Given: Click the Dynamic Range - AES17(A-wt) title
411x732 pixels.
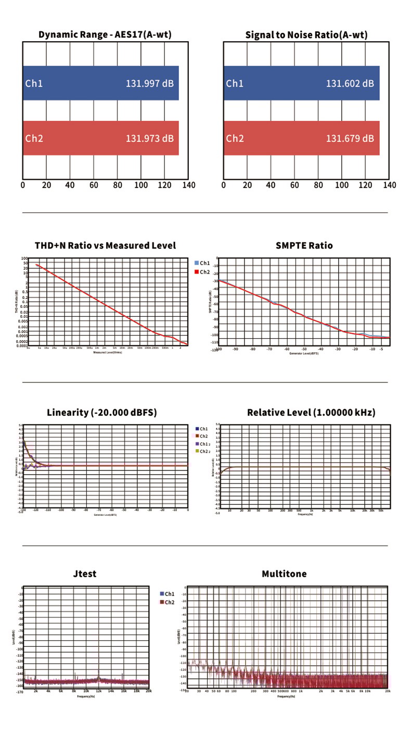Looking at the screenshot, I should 105,35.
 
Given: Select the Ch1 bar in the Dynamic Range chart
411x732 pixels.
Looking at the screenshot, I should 100,83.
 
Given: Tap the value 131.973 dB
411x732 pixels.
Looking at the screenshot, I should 149,139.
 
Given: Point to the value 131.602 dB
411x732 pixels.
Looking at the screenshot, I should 350,83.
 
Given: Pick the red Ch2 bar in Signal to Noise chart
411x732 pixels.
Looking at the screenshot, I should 301,139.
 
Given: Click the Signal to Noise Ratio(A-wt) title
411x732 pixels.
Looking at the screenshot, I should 306,35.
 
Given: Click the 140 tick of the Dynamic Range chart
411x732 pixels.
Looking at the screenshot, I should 189,185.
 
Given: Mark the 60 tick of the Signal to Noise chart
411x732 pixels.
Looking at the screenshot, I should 294,185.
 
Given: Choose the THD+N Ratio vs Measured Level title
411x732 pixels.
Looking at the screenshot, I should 105,245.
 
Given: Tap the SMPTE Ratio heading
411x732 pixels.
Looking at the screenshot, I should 304,245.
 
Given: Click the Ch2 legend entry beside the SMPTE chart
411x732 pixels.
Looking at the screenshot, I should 202,271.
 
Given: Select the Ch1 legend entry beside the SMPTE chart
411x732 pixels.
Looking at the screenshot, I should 202,263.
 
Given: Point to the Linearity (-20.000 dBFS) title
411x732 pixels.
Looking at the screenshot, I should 102,413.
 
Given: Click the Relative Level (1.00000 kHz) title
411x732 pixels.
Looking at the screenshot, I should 311,413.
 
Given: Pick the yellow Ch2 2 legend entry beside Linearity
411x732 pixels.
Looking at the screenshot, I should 202,451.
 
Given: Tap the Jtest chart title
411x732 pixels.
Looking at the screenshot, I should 85,574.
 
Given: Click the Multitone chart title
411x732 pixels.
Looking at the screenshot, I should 284,574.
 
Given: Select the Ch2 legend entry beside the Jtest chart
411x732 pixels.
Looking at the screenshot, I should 167,602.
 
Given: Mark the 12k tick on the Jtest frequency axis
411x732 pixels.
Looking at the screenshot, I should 98,691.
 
